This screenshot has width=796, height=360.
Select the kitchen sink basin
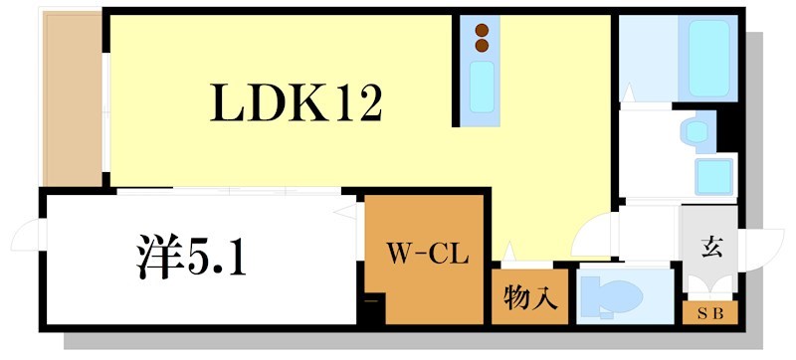pos(482,88)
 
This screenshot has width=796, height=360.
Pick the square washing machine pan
pos(713,176)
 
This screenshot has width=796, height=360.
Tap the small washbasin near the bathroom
pos(696,129)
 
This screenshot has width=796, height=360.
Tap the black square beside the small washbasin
pos(724,129)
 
